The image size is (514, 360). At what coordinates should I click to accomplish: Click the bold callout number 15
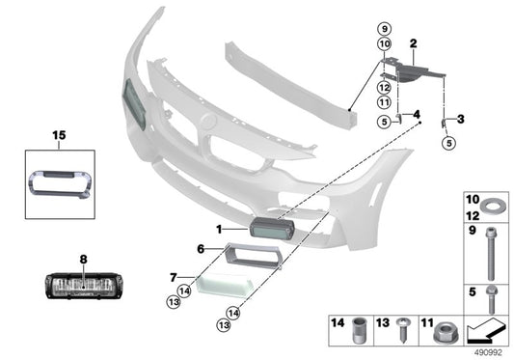point(60,135)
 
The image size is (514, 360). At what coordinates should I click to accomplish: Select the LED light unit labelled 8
point(84,286)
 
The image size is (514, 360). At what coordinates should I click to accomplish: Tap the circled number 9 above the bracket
point(385,29)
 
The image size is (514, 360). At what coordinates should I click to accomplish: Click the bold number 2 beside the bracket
point(413,43)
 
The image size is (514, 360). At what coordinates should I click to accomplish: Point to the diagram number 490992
point(488,353)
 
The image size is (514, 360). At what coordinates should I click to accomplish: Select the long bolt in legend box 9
point(491,254)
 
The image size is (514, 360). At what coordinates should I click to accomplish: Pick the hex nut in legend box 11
point(446,332)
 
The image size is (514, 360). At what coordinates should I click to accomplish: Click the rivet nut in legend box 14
point(358,330)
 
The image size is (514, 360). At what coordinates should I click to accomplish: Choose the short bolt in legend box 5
point(492,299)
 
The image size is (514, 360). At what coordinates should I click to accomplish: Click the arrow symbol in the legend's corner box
point(486,330)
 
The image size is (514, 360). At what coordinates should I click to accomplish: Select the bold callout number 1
point(219,230)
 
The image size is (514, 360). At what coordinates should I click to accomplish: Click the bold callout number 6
point(201,249)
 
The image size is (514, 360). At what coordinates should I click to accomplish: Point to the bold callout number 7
point(174,278)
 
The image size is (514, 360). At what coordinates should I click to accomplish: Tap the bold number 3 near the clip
point(461,119)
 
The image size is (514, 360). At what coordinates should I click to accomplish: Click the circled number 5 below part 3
point(449,143)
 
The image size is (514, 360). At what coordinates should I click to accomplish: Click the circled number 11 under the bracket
point(384,102)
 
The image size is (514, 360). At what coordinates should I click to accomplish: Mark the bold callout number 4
point(417,115)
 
